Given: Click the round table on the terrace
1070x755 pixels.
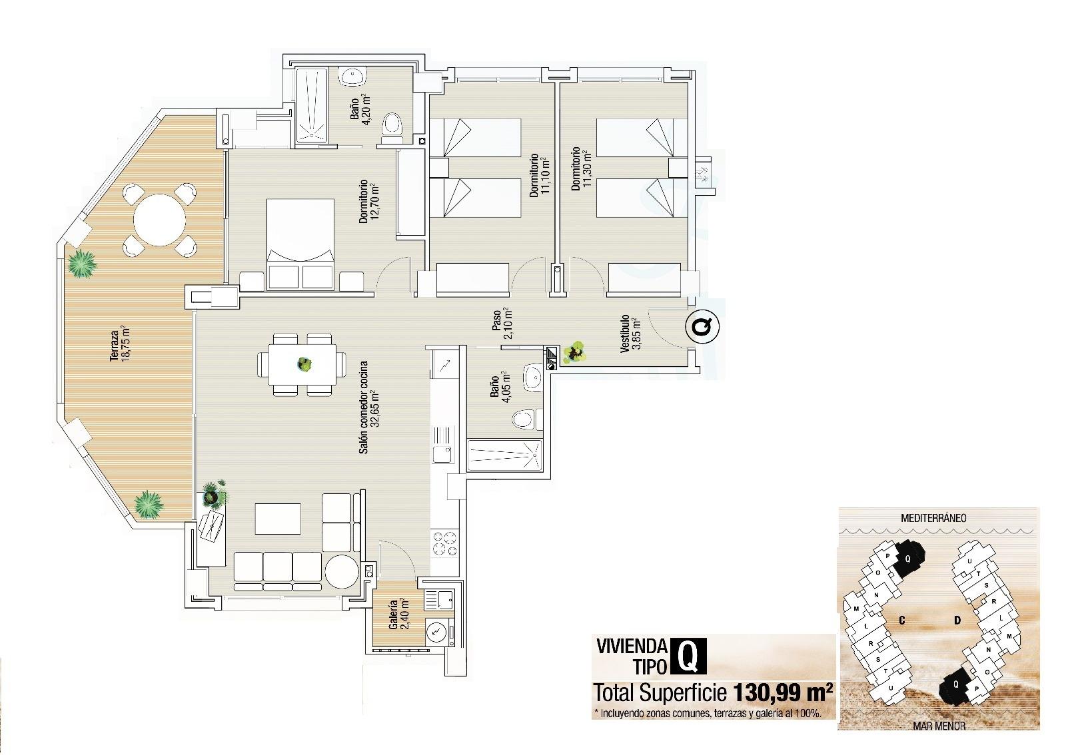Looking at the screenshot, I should [x=159, y=219].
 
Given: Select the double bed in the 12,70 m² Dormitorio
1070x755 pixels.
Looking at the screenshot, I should [x=300, y=244].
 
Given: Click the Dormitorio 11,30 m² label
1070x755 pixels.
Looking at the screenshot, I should [x=580, y=169].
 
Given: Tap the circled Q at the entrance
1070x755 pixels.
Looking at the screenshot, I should [x=703, y=326].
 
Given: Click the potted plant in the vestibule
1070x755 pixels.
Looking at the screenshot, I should [x=574, y=353].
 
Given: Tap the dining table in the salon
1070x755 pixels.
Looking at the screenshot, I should [x=303, y=364].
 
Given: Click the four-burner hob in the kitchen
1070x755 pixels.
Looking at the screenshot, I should [x=444, y=544].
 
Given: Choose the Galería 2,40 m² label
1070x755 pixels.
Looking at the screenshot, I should [x=398, y=615].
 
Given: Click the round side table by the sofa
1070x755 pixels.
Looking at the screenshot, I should [x=342, y=571].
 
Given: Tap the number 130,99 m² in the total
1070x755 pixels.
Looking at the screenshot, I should [x=783, y=693].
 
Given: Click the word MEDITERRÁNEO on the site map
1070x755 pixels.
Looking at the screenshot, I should [x=933, y=517].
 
